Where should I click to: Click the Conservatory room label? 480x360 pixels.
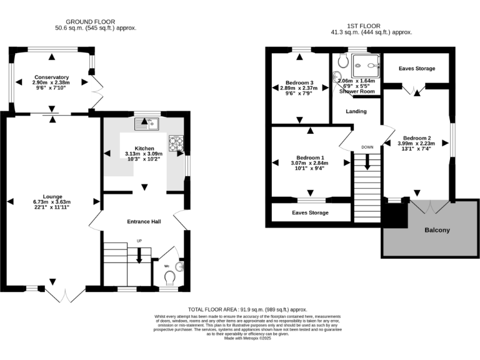pos(52,77)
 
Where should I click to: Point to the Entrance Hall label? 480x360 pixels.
pos(144,221)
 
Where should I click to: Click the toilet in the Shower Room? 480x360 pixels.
pos(342,61)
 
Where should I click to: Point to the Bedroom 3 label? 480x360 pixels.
pos(299,82)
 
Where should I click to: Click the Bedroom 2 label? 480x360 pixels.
pos(416,138)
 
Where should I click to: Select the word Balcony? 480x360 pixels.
pos(437,230)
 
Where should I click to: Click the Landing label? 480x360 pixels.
pos(357,112)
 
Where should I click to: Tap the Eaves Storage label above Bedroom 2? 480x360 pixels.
pos(416,69)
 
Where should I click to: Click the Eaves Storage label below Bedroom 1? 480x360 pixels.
pos(311,212)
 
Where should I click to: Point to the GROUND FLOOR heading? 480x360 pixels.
pos(96,21)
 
